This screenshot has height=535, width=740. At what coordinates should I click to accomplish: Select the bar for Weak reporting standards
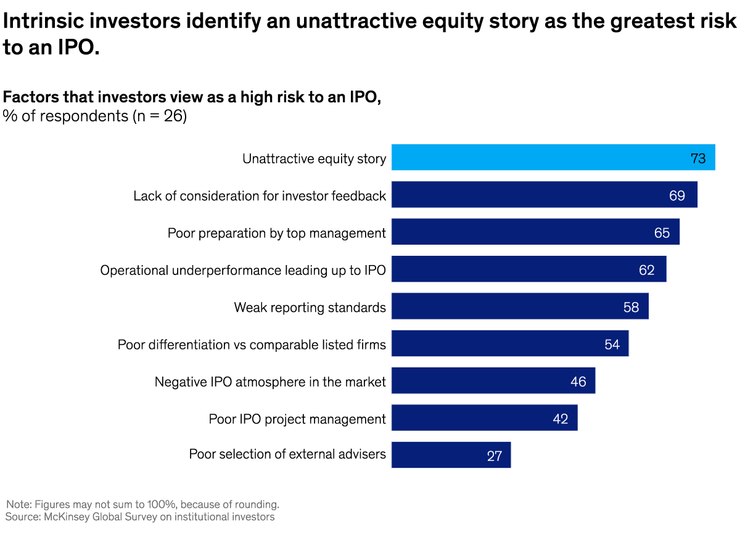520,306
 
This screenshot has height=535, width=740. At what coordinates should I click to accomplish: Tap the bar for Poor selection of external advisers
451,455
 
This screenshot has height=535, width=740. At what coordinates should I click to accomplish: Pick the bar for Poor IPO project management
484,418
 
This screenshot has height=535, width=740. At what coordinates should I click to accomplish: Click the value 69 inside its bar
677,195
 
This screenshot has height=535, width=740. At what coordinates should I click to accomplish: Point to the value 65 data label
662,233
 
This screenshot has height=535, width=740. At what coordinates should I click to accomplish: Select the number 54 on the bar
612,344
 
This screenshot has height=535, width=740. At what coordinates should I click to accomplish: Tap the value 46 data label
578,382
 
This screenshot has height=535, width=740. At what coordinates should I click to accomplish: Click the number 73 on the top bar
698,158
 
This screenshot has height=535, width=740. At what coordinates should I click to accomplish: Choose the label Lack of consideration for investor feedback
260,196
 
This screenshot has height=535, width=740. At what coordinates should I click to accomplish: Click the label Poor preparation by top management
277,233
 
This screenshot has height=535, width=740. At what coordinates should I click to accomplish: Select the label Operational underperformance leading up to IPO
243,270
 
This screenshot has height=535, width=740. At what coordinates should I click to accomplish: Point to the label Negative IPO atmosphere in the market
270,382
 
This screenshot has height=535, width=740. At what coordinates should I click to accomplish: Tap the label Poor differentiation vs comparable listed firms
252,345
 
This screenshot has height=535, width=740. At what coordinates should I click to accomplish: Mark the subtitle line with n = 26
95,116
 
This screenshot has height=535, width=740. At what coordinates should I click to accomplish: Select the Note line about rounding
142,504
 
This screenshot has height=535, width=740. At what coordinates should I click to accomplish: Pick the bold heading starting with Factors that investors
192,97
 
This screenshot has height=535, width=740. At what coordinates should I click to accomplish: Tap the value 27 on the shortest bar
494,456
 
